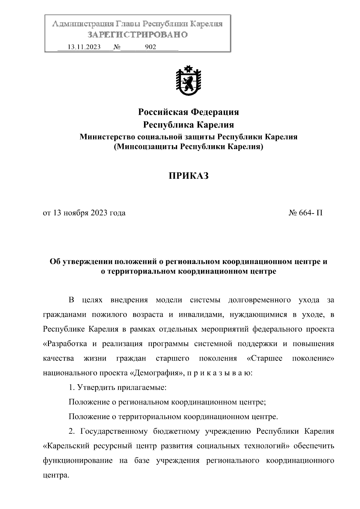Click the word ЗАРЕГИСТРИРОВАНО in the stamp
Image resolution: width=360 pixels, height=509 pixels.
point(137,35)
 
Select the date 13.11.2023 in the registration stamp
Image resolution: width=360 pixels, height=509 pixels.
point(84,47)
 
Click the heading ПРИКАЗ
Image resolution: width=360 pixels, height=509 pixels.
point(188,176)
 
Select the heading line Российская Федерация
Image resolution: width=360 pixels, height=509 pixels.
point(188,112)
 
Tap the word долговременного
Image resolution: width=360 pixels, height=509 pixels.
point(259,300)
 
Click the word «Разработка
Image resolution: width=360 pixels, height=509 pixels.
point(65,344)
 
